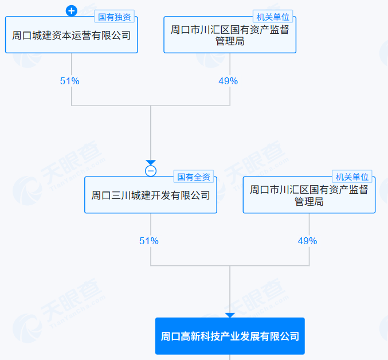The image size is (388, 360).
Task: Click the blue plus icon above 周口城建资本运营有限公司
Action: (71, 10)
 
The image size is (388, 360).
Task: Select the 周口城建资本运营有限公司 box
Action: (71, 36)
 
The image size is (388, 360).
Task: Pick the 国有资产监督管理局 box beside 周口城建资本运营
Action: (229, 36)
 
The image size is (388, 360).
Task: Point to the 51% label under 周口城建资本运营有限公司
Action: (70, 81)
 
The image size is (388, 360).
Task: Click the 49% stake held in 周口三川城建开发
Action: (228, 81)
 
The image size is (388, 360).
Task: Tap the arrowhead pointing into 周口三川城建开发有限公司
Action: (150, 163)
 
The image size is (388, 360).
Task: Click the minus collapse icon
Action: (150, 171)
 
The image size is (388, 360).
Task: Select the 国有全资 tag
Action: (194, 177)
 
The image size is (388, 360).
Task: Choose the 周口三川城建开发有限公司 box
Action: (150, 195)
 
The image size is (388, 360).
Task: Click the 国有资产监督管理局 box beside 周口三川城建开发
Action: (309, 195)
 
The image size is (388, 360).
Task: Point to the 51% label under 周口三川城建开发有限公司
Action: (149, 241)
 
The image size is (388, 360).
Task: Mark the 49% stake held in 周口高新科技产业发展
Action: (307, 241)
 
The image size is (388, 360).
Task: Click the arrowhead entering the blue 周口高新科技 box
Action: (230, 315)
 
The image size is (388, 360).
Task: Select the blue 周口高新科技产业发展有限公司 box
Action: (230, 336)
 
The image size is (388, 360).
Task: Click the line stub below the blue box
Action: (230, 357)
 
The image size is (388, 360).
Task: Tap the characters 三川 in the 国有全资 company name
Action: (121, 195)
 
